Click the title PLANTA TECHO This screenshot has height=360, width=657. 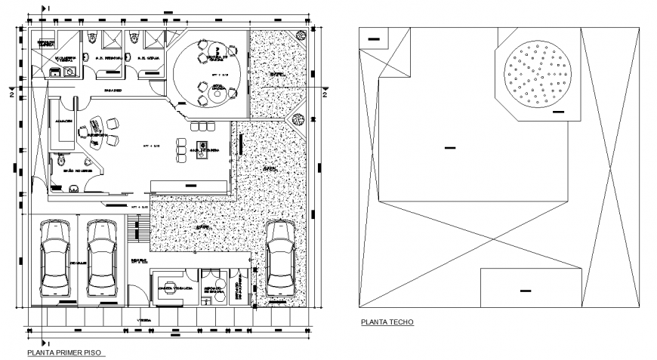pyautogui.click(x=387, y=322)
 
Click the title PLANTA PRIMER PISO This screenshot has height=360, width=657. pyautogui.click(x=65, y=352)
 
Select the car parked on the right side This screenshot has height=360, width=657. pyautogui.click(x=280, y=257)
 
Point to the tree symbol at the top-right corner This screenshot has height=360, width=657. pyautogui.click(x=302, y=35)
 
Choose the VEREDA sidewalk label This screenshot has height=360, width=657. pyautogui.click(x=143, y=320)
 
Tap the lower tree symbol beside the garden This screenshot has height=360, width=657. pyautogui.click(x=301, y=119)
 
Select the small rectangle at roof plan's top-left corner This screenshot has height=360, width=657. pyautogui.click(x=374, y=38)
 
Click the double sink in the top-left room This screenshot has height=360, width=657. pyautogui.click(x=61, y=72)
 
